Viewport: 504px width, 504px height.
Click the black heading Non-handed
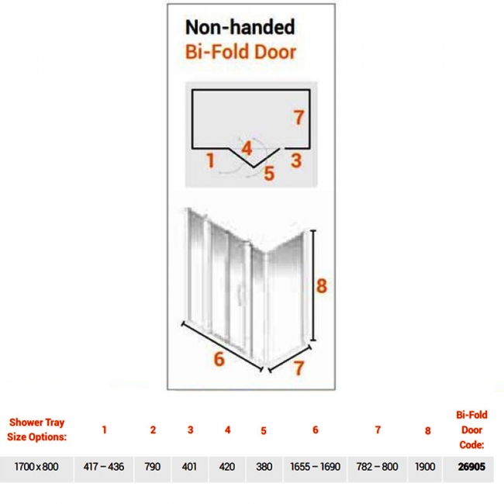[240, 27]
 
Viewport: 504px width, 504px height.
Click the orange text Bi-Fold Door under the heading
[240, 52]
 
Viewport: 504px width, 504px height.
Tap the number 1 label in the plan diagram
[210, 161]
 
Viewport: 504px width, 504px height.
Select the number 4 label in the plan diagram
[247, 149]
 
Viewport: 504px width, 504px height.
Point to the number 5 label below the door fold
[269, 174]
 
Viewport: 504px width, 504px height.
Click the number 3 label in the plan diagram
[296, 161]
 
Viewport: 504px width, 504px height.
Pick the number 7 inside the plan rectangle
[299, 117]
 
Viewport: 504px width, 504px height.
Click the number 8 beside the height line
[322, 286]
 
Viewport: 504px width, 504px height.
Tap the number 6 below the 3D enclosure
[219, 359]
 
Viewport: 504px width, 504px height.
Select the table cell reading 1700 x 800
[36, 466]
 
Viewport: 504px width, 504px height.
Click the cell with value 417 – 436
[103, 466]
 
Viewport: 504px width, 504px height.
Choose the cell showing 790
[152, 466]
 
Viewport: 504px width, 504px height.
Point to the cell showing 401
[189, 466]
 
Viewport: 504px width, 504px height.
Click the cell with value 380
[264, 466]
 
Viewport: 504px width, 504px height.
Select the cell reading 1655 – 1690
[315, 466]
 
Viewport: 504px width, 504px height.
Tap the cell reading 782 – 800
[377, 466]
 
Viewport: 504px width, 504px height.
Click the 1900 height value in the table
[425, 466]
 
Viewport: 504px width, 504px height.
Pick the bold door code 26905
[471, 466]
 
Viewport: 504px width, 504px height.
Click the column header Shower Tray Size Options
[36, 430]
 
